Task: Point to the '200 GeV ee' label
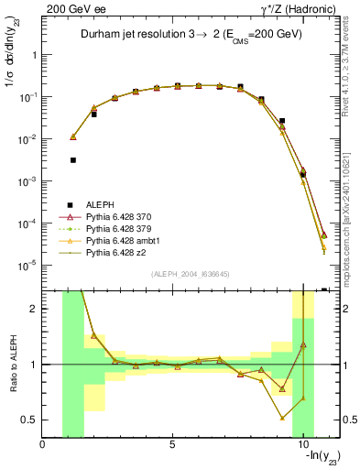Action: pos(71,8)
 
